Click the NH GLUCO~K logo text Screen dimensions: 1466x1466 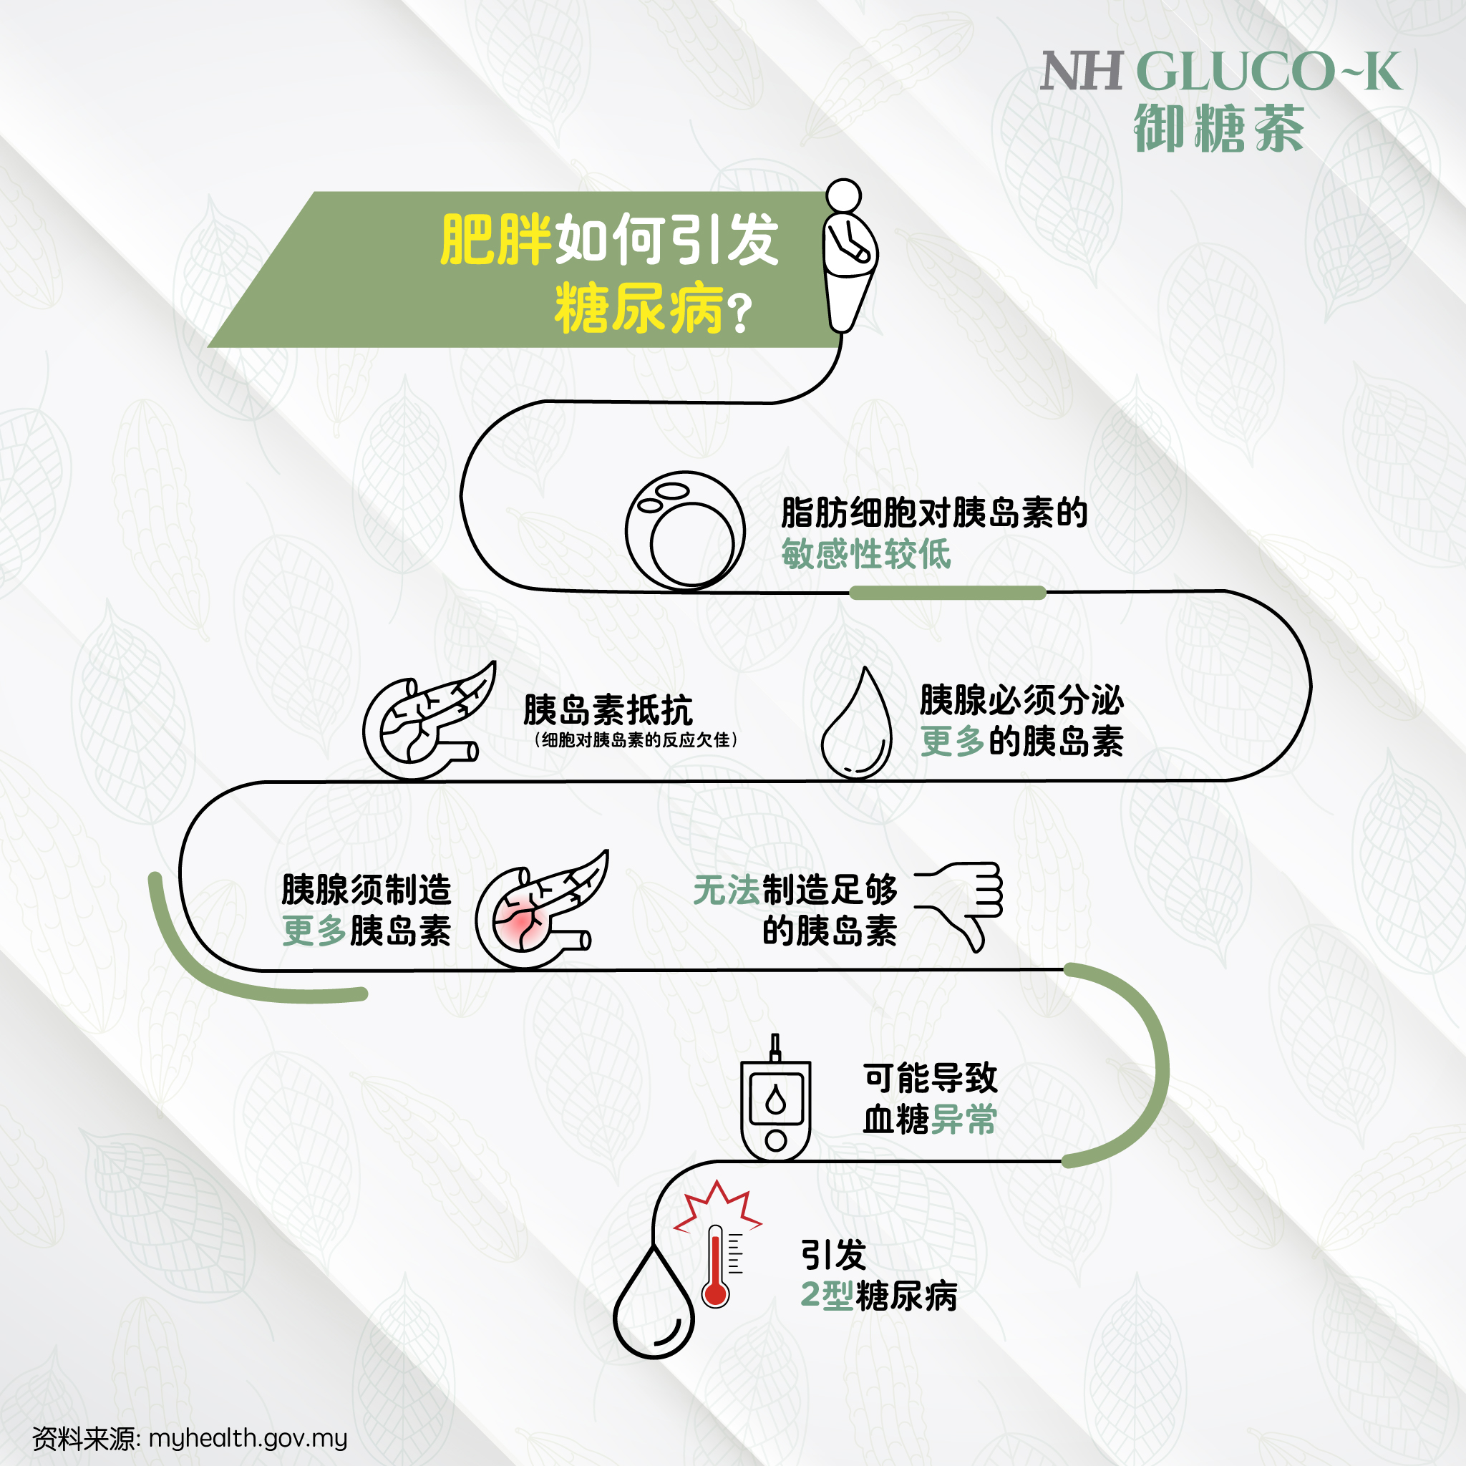point(1221,72)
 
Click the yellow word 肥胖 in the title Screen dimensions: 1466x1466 point(495,240)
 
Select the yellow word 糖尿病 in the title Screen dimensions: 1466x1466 point(639,308)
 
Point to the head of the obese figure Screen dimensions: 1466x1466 point(844,195)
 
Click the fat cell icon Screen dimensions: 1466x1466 point(685,530)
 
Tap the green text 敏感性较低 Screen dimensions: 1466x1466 point(866,554)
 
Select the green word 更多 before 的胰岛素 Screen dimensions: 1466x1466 point(952,741)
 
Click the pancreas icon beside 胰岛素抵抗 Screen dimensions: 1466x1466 point(429,720)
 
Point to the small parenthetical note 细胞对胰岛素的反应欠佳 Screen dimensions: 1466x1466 point(635,740)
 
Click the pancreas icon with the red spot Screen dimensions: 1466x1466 point(542,909)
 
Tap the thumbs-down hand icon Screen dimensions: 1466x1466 point(959,906)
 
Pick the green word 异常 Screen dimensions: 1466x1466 point(963,1120)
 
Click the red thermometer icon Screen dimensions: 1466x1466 point(716,1266)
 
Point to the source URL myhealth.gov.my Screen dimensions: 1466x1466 point(248,1438)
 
